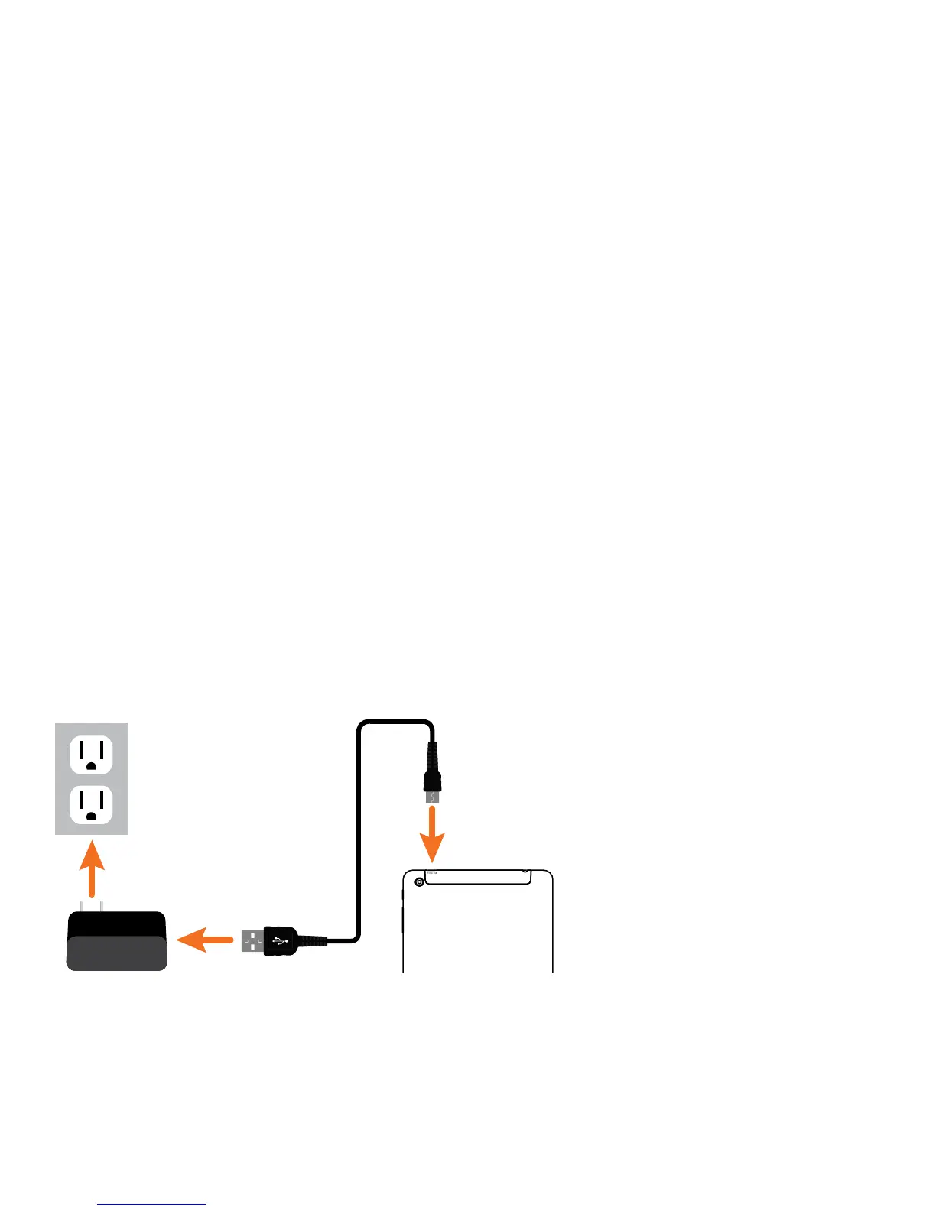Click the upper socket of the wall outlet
click(91, 755)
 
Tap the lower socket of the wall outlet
click(91, 805)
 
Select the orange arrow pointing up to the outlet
click(92, 868)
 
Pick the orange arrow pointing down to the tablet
click(432, 834)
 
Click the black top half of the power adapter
click(116, 924)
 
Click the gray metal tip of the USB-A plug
click(252, 941)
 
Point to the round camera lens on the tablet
click(418, 882)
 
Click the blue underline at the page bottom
click(151, 1204)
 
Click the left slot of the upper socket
click(81, 748)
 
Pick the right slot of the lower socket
click(102, 799)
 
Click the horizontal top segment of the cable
click(396, 721)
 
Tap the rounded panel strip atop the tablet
click(478, 877)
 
